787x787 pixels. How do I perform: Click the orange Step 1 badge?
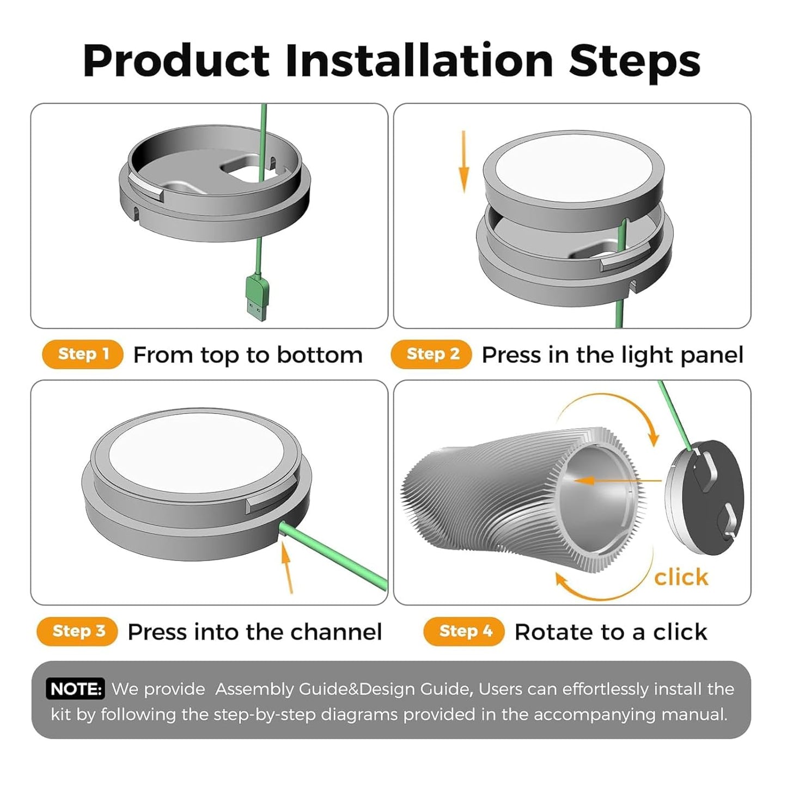pos(83,354)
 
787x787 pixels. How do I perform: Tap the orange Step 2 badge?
pos(432,354)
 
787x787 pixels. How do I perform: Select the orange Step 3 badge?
pos(78,631)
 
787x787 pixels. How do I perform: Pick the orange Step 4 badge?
pos(465,631)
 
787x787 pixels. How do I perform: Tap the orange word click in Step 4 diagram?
pos(681,577)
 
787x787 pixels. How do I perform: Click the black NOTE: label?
pos(76,689)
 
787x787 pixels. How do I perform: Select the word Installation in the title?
pos(419,61)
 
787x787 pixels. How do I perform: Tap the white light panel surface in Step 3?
pos(196,452)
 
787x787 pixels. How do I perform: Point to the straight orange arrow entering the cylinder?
pos(615,481)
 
